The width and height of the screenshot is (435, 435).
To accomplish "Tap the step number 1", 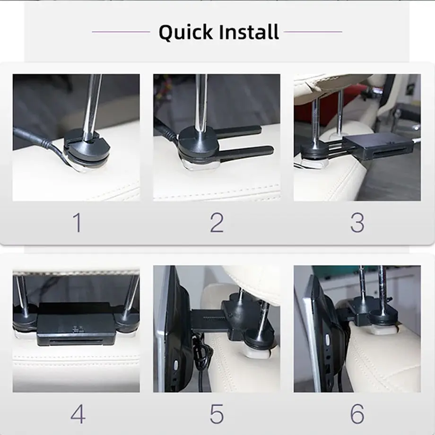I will point(77,223).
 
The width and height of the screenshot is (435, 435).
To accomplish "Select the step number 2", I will point(217,223).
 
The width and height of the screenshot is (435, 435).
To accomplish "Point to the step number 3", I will point(357,223).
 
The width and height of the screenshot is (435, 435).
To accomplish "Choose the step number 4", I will point(78,414).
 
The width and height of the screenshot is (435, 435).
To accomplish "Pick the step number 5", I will point(217,414).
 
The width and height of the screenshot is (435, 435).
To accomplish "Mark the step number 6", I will point(357,414).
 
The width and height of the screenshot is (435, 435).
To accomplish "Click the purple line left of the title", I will point(121,32).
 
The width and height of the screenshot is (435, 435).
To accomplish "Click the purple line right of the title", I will point(313,32).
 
